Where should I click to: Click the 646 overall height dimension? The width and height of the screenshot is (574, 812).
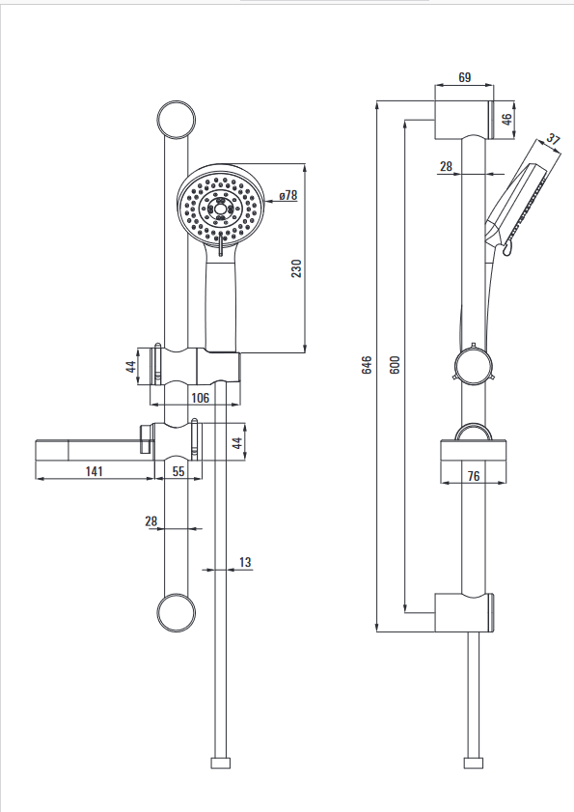(367, 365)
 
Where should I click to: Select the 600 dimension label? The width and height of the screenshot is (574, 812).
(395, 365)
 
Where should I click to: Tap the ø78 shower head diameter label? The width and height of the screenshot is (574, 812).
(288, 195)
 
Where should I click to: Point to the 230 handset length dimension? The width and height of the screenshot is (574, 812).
(296, 268)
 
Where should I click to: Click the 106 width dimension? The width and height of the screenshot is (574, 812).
(201, 397)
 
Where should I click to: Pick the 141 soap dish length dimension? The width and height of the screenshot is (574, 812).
(95, 471)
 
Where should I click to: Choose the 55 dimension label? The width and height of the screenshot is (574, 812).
(178, 471)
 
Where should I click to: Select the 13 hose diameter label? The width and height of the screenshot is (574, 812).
(245, 562)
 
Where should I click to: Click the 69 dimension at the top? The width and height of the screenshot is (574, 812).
(465, 77)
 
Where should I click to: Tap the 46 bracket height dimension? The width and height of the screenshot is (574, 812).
(507, 119)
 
